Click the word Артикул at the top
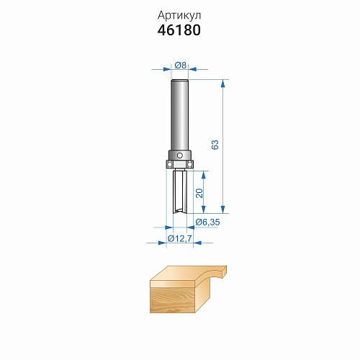[179, 16]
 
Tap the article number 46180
[179, 30]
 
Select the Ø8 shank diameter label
[180, 65]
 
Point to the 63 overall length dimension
[215, 145]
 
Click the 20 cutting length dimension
[199, 193]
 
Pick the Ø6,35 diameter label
[207, 222]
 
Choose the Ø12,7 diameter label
[180, 238]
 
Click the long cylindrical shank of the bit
[179, 115]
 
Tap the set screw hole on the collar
[179, 156]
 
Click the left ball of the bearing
[169, 164]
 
